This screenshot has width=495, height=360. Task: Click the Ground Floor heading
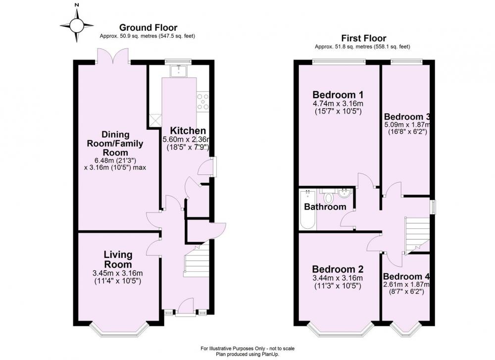148,28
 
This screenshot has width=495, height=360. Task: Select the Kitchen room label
188,130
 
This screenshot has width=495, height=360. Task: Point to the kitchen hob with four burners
202,101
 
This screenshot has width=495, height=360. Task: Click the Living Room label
118,259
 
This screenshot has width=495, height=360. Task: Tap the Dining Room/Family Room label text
115,144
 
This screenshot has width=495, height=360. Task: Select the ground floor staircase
197,261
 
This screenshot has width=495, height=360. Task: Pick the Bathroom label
325,207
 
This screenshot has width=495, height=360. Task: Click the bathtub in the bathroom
308,209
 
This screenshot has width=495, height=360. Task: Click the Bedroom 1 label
338,95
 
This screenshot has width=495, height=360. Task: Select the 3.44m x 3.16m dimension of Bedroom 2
338,278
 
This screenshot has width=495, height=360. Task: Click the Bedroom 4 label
406,276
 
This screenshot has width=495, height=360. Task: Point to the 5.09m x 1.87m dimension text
407,124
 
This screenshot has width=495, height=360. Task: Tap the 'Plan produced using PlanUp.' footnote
247,355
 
